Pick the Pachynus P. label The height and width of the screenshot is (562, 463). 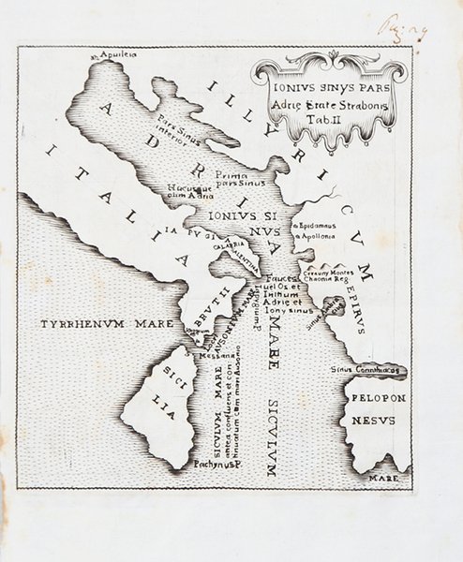pos(217,463)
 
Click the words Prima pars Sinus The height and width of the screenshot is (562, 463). pos(217,177)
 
